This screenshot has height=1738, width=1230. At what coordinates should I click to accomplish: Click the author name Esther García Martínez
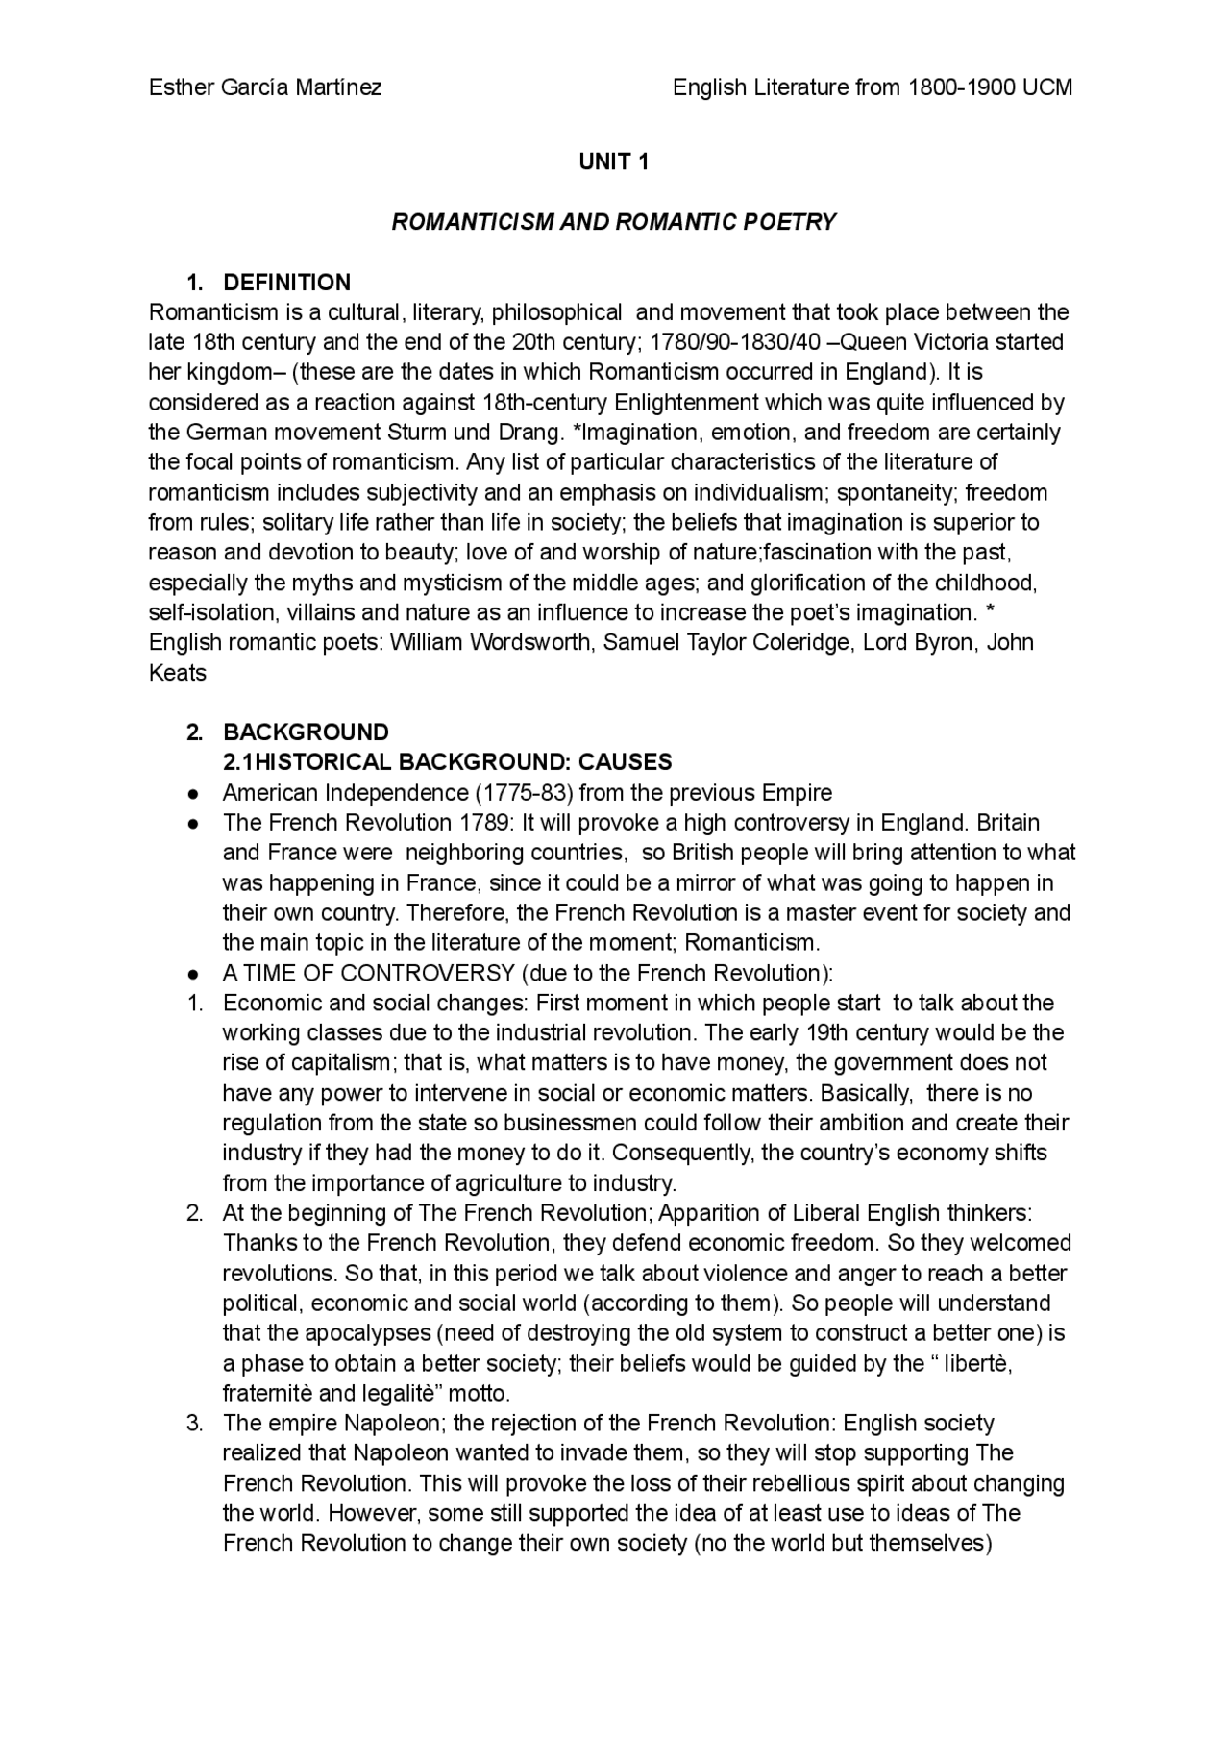pyautogui.click(x=265, y=87)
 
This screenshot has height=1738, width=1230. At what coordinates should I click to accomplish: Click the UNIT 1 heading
pyautogui.click(x=614, y=162)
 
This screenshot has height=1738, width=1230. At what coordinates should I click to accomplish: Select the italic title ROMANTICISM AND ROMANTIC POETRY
pyautogui.click(x=614, y=222)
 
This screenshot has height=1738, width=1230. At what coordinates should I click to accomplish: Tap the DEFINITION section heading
pyautogui.click(x=286, y=283)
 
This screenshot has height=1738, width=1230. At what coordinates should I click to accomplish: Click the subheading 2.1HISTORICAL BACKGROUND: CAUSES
pyautogui.click(x=447, y=762)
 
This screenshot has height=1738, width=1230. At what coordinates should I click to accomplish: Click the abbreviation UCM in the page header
pyautogui.click(x=1047, y=87)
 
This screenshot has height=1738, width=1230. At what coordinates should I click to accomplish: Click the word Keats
pyautogui.click(x=178, y=673)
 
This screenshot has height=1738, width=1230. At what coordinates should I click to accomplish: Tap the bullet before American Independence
pyautogui.click(x=194, y=794)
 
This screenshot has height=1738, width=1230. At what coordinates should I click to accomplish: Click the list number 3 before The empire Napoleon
pyautogui.click(x=194, y=1424)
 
